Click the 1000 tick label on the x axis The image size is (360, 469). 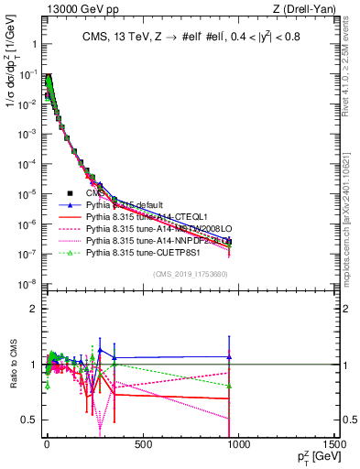tap(240, 445)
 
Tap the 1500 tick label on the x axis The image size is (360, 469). tap(335, 445)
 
